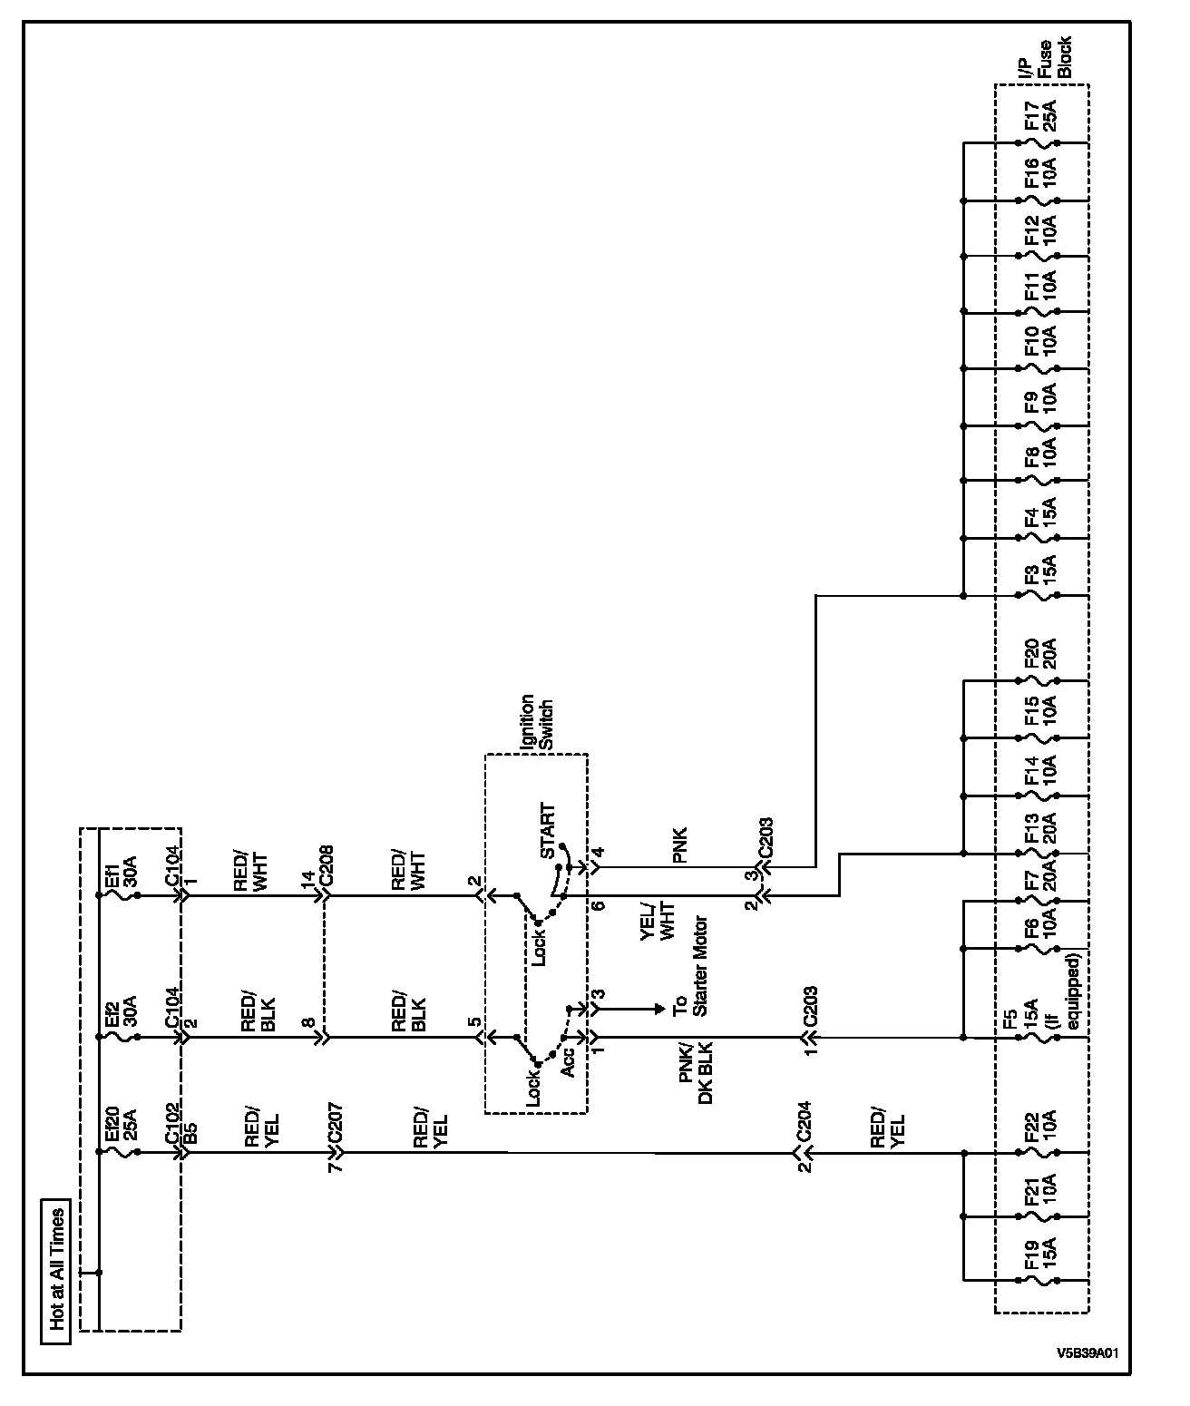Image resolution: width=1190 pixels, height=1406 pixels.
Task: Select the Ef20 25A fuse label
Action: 120,1128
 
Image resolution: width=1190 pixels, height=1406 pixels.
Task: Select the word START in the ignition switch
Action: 548,832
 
